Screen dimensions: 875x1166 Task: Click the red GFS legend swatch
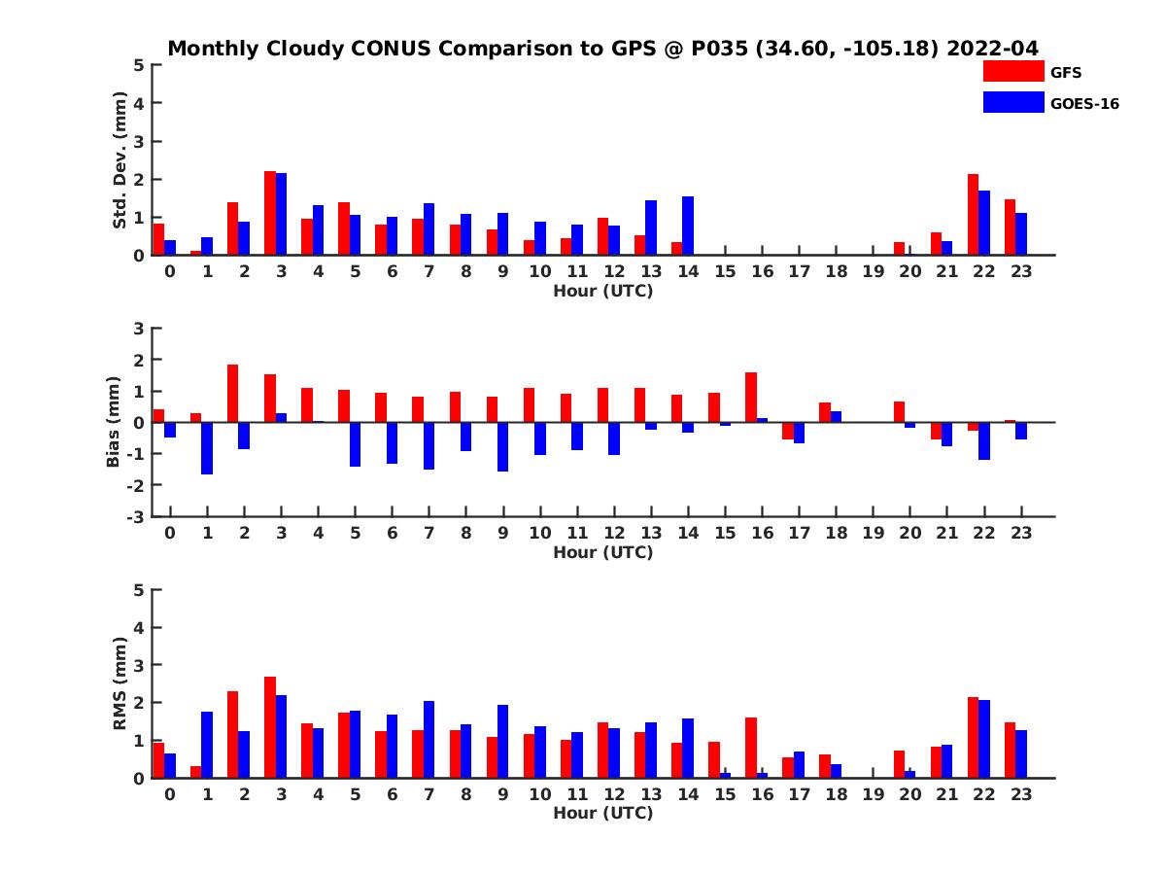(1012, 71)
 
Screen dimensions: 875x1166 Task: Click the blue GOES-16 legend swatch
(1012, 102)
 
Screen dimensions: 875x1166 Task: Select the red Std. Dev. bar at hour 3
(270, 213)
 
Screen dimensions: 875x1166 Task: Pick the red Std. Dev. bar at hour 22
(973, 215)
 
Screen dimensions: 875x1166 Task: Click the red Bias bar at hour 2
(233, 393)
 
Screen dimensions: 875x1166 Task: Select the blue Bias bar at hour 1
(207, 448)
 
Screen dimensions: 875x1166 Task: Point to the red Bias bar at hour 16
(751, 397)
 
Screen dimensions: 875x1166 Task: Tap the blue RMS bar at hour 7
(429, 739)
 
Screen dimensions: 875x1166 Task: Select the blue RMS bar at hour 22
(984, 739)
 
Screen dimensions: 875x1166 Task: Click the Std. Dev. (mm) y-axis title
(120, 160)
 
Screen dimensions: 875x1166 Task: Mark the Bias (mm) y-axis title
(114, 423)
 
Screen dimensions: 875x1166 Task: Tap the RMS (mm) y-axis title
(120, 683)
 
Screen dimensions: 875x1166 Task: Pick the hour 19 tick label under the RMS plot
(873, 794)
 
